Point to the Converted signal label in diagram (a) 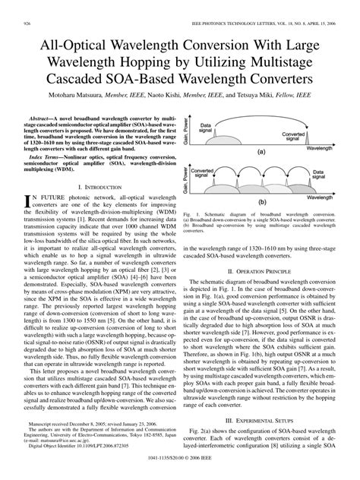click(x=296, y=137)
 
